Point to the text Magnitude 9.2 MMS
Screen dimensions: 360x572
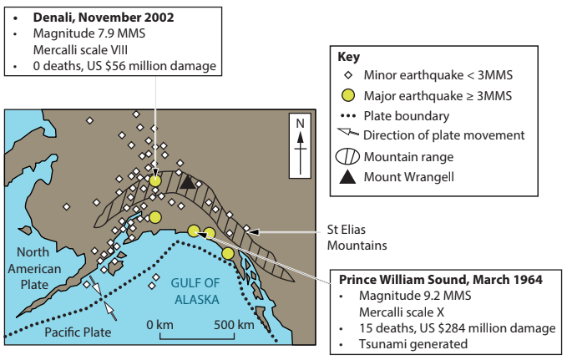409,295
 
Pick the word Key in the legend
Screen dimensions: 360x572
348,58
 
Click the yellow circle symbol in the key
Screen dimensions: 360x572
348,96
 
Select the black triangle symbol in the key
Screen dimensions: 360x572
348,176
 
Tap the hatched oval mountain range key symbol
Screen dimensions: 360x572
348,156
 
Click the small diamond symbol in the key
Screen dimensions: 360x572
348,77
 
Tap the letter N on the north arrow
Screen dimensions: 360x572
301,124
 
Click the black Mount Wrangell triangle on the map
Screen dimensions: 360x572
189,181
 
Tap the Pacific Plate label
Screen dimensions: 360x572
78,332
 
